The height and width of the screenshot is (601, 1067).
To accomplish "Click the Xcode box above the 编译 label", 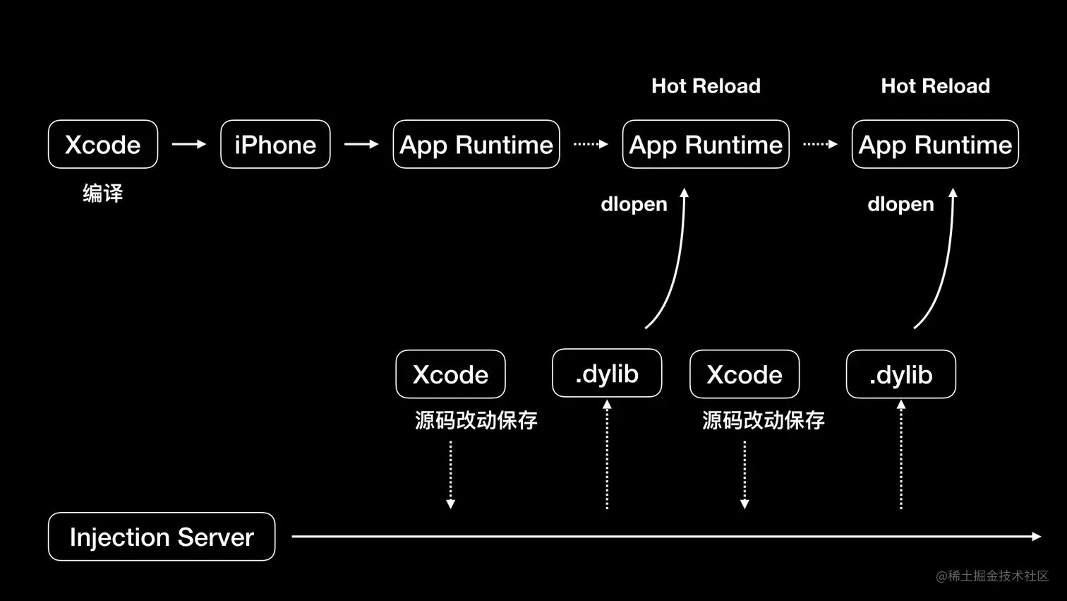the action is point(103,144).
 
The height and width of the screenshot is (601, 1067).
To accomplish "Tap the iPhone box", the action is point(275,144).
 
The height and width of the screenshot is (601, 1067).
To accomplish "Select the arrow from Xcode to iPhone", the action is point(188,144).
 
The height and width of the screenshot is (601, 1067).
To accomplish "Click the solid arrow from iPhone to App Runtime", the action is point(361,144).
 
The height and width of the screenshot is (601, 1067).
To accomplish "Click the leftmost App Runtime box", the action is point(476,144).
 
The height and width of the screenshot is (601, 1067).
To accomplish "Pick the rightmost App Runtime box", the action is point(935,144).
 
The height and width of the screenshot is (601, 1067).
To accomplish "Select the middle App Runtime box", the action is point(706,144).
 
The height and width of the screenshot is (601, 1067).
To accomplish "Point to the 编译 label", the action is point(103,194).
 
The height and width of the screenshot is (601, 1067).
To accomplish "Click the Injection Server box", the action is point(162,537).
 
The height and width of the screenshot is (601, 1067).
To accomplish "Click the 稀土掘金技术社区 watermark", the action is point(992,576).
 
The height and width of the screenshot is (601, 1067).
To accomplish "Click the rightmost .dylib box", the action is point(900,374).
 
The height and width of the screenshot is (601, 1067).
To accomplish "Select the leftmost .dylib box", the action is point(607,373).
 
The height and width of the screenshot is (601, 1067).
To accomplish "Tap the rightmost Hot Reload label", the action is point(935,86).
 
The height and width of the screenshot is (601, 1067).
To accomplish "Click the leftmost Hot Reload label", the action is point(706,86).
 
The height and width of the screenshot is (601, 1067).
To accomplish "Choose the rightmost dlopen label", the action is point(900,205).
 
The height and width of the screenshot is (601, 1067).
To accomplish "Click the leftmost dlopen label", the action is point(634,205).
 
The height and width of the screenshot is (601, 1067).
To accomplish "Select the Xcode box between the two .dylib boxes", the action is point(745,374).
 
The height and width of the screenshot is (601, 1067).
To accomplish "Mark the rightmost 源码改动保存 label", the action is point(763,420).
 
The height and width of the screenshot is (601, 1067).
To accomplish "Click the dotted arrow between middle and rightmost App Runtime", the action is point(820,144).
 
